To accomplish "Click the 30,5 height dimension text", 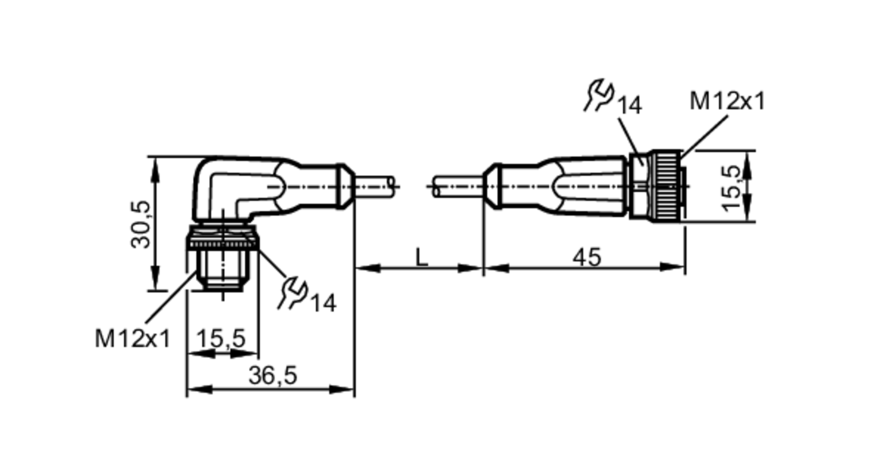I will [x=141, y=224].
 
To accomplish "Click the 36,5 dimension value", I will [x=273, y=375].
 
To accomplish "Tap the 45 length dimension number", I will [x=587, y=257].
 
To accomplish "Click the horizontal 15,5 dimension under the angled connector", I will [x=221, y=338].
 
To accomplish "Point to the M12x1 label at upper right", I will [x=727, y=101].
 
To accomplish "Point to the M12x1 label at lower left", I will [x=132, y=338].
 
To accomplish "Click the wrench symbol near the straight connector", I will [x=600, y=94].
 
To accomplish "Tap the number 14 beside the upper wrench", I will [x=629, y=105].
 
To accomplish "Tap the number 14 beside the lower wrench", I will [x=323, y=303].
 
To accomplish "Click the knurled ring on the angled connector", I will [x=222, y=243].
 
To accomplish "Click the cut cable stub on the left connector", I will [x=374, y=185].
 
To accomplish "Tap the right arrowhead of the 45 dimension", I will [x=673, y=267].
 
